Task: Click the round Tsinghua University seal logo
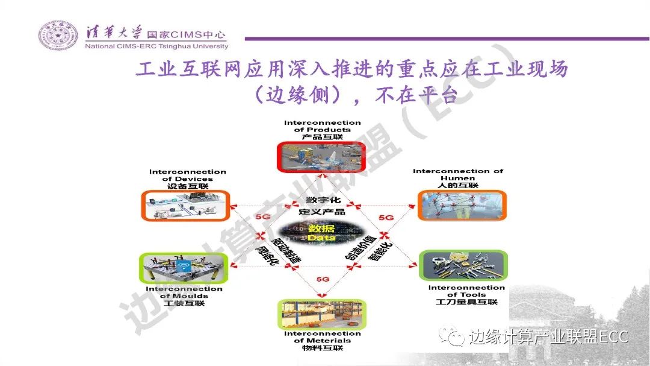[58, 36]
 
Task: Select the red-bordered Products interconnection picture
[322, 157]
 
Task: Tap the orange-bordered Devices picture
[185, 205]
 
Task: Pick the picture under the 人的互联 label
[462, 206]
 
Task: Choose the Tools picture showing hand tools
[463, 267]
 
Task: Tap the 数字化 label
[321, 200]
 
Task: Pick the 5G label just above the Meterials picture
[323, 279]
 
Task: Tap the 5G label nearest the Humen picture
[386, 218]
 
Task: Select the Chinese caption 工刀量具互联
[466, 302]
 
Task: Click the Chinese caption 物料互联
[322, 349]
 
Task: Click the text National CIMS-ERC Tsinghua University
[157, 46]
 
